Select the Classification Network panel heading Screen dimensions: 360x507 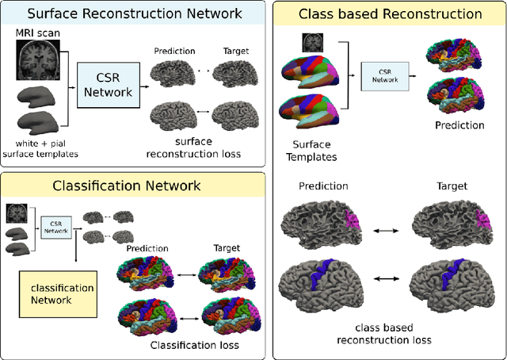click(x=128, y=186)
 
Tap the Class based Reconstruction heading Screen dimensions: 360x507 click(x=389, y=14)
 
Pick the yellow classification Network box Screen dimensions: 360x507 click(x=57, y=294)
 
